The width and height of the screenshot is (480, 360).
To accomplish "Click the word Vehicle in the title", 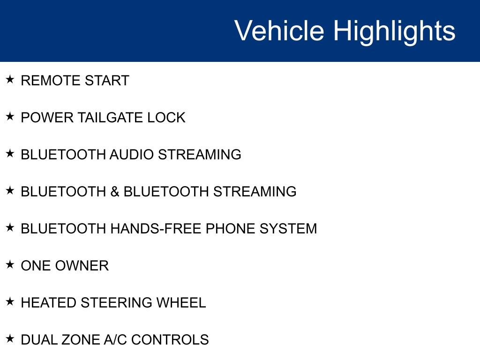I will pos(279,31).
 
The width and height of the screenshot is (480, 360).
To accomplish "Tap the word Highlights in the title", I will pos(394,31).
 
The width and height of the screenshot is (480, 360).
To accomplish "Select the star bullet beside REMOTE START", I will pos(10,79).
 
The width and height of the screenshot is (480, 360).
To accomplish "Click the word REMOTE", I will pos(45,81).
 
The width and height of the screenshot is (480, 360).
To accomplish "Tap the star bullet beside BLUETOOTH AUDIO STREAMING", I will pos(10,153).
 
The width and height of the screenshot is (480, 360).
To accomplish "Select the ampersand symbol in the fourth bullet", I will pos(115,192).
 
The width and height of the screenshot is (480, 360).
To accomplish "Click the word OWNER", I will pos(82,266).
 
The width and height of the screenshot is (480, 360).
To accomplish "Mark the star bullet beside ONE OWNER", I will pos(10,264).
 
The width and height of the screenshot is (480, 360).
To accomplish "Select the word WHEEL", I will pos(181,303).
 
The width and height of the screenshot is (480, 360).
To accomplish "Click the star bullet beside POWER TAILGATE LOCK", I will pos(10,116).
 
